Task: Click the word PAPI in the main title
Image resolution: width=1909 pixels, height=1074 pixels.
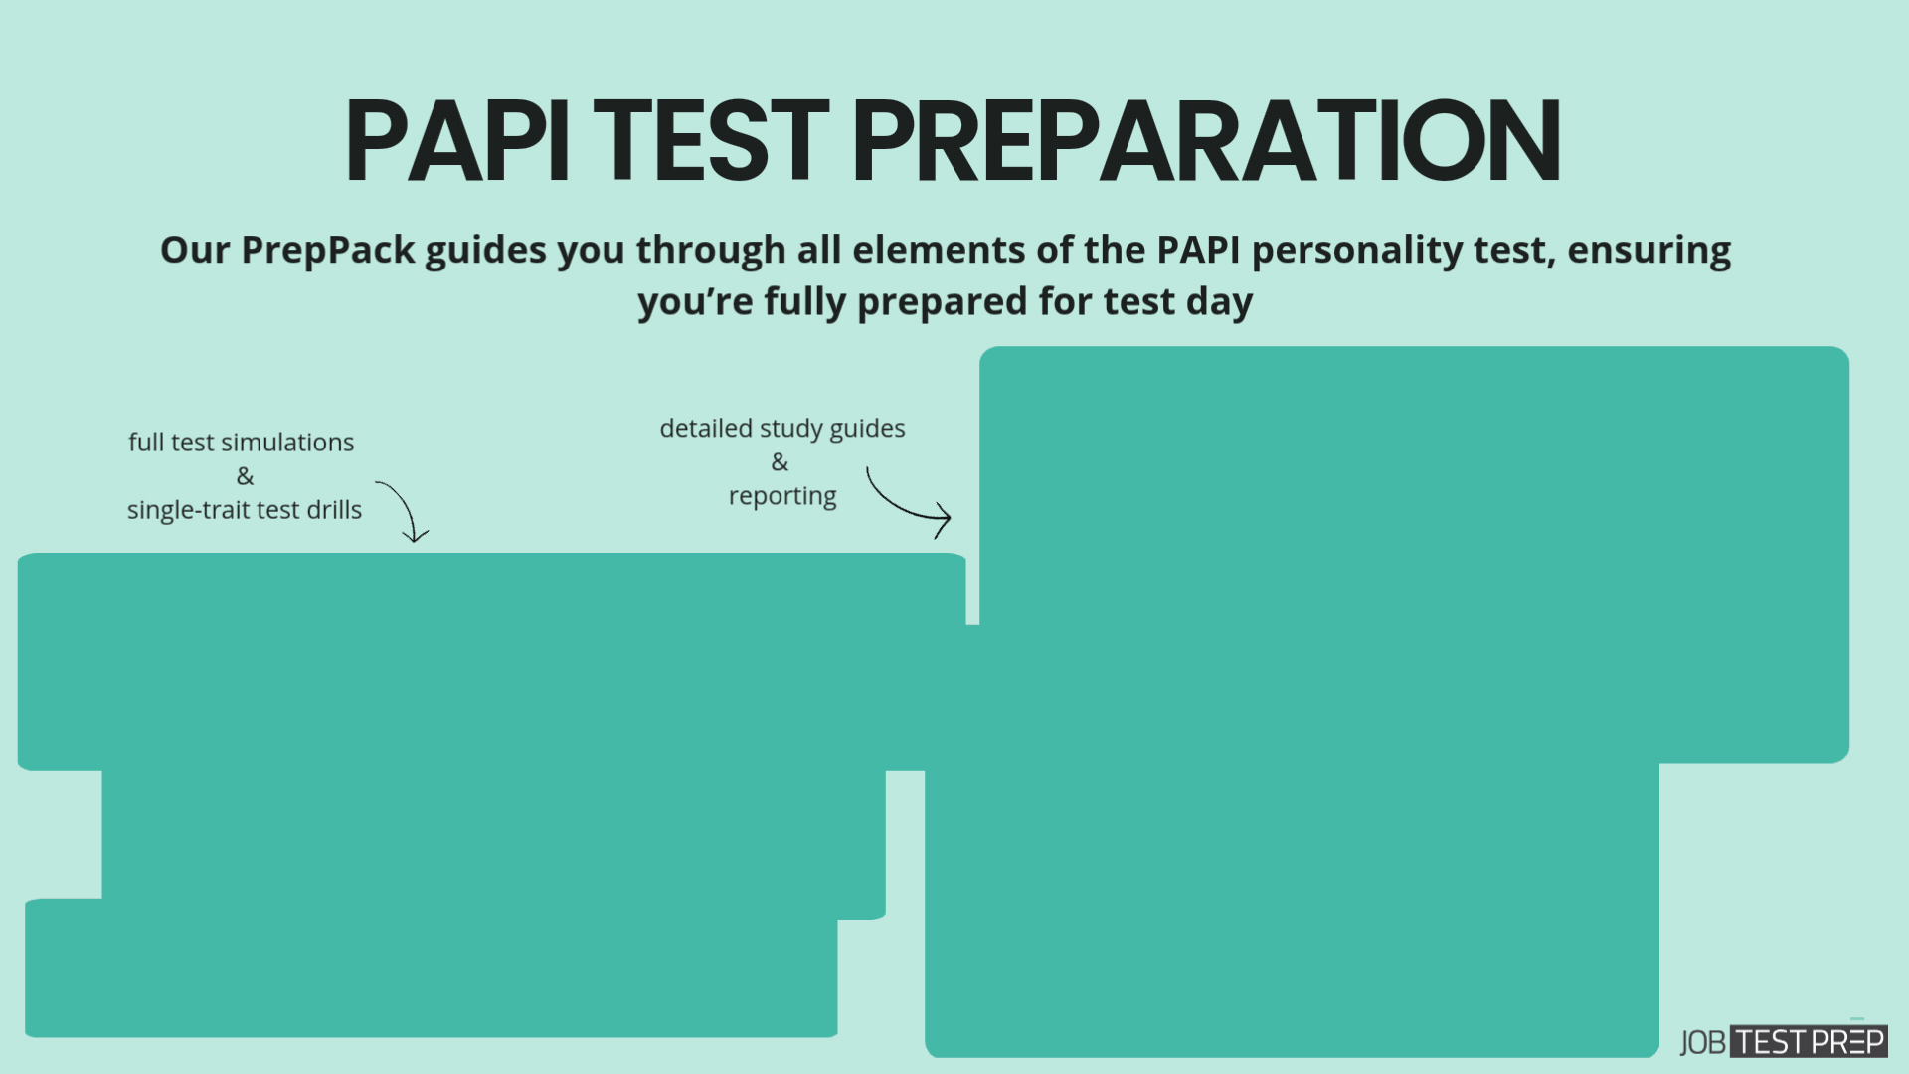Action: [457, 141]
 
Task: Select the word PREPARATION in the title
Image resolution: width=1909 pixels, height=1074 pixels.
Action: [1205, 141]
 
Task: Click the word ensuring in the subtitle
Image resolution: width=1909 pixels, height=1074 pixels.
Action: [1649, 250]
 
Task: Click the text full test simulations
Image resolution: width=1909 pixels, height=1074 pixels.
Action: [242, 443]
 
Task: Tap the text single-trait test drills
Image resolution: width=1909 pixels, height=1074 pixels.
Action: [245, 510]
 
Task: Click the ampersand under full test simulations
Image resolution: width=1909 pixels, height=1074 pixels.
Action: [245, 476]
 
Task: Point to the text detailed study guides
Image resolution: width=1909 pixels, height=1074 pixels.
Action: [782, 429]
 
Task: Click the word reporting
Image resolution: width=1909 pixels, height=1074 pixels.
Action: [782, 496]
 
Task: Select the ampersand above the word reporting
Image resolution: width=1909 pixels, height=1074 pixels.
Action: [780, 462]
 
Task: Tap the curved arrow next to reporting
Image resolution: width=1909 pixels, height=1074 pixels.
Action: [906, 501]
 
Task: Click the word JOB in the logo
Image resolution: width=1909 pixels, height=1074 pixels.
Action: [1703, 1042]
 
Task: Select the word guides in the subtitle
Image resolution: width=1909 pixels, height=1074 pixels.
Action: [485, 250]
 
